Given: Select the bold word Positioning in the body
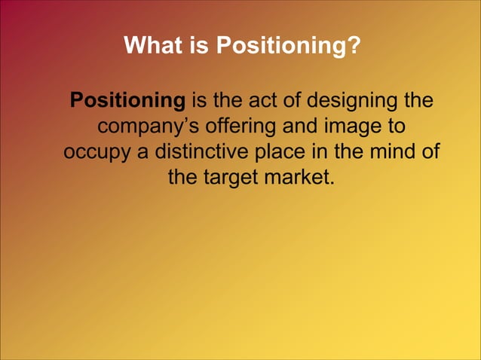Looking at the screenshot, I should click(x=127, y=100).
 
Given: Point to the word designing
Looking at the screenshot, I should click(x=355, y=100).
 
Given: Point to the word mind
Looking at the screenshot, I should click(x=391, y=151).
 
